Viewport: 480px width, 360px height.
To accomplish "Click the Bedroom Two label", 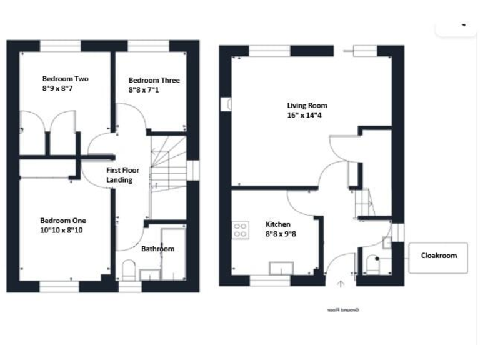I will click(x=65, y=79).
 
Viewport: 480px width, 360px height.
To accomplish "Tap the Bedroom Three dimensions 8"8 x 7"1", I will click(x=154, y=90).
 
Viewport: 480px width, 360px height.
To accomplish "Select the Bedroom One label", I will click(x=63, y=221).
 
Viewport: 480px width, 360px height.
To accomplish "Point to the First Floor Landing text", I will click(x=122, y=175).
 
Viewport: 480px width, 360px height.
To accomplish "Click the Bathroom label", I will click(x=157, y=249).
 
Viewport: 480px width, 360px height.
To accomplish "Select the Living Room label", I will click(x=307, y=106).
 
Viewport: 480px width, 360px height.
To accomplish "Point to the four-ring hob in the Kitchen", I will click(x=240, y=230).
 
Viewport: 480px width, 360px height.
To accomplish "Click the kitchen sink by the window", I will click(x=279, y=269).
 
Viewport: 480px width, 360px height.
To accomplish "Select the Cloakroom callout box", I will click(x=438, y=257).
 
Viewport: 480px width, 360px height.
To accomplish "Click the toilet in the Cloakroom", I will click(x=372, y=264).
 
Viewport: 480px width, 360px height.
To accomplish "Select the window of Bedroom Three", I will click(x=147, y=46).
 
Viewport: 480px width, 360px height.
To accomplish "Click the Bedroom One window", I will click(x=59, y=286).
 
